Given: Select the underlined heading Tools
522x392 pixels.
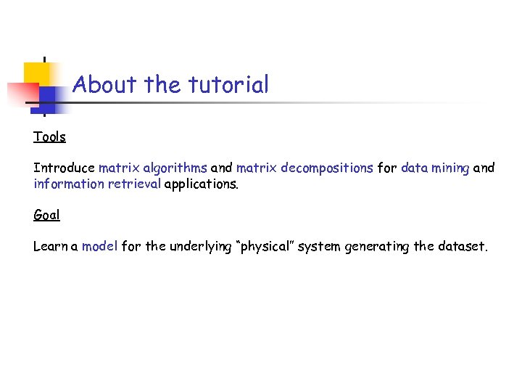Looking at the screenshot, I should (x=49, y=136).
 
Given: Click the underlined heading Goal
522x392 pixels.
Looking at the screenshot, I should (x=46, y=215).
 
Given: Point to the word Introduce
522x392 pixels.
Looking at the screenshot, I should (x=64, y=168).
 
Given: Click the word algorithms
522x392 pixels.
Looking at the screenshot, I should (x=175, y=168).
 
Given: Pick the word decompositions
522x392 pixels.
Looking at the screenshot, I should (x=327, y=168).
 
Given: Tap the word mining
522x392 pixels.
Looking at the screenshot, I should (x=451, y=168).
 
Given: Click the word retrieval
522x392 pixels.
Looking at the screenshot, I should (x=135, y=184).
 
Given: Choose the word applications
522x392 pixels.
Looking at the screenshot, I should (x=201, y=184).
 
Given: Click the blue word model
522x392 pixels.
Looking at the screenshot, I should (x=99, y=246).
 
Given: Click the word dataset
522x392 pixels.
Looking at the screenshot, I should (x=463, y=246).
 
